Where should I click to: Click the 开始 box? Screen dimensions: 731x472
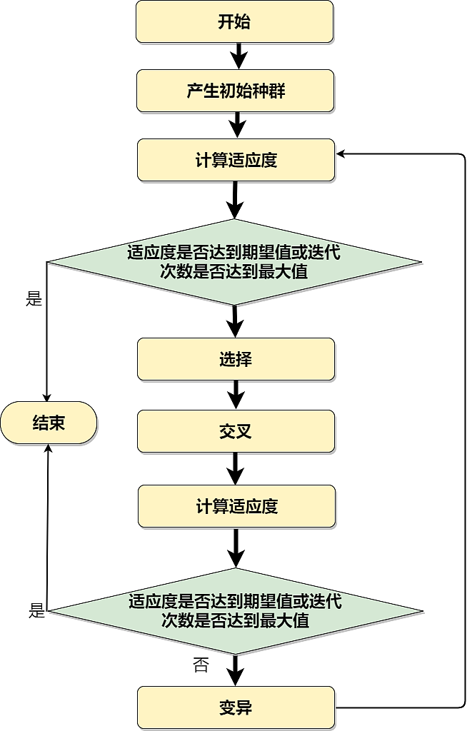tap(234, 21)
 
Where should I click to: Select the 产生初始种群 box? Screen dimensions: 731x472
tap(235, 91)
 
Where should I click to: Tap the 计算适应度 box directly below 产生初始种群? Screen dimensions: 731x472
tap(236, 160)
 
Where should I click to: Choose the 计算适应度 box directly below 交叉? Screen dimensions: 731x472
tap(236, 507)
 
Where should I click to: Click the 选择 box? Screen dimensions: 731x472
tap(236, 359)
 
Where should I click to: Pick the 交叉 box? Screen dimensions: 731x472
tap(236, 431)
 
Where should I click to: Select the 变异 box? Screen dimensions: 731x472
tap(236, 707)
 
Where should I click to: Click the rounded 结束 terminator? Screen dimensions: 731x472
tap(49, 423)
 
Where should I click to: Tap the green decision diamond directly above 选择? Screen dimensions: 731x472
tap(236, 262)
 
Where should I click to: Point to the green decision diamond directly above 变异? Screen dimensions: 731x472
tap(236, 611)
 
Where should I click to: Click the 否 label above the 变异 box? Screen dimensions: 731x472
tap(201, 665)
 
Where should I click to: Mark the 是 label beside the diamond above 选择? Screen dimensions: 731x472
tap(34, 298)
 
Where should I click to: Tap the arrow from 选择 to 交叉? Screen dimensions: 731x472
tap(235, 395)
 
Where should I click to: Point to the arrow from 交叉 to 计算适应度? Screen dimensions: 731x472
tap(235, 468)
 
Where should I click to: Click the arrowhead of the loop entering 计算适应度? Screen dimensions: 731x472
tap(341, 153)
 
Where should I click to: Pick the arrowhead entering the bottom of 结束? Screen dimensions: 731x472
tap(49, 448)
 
